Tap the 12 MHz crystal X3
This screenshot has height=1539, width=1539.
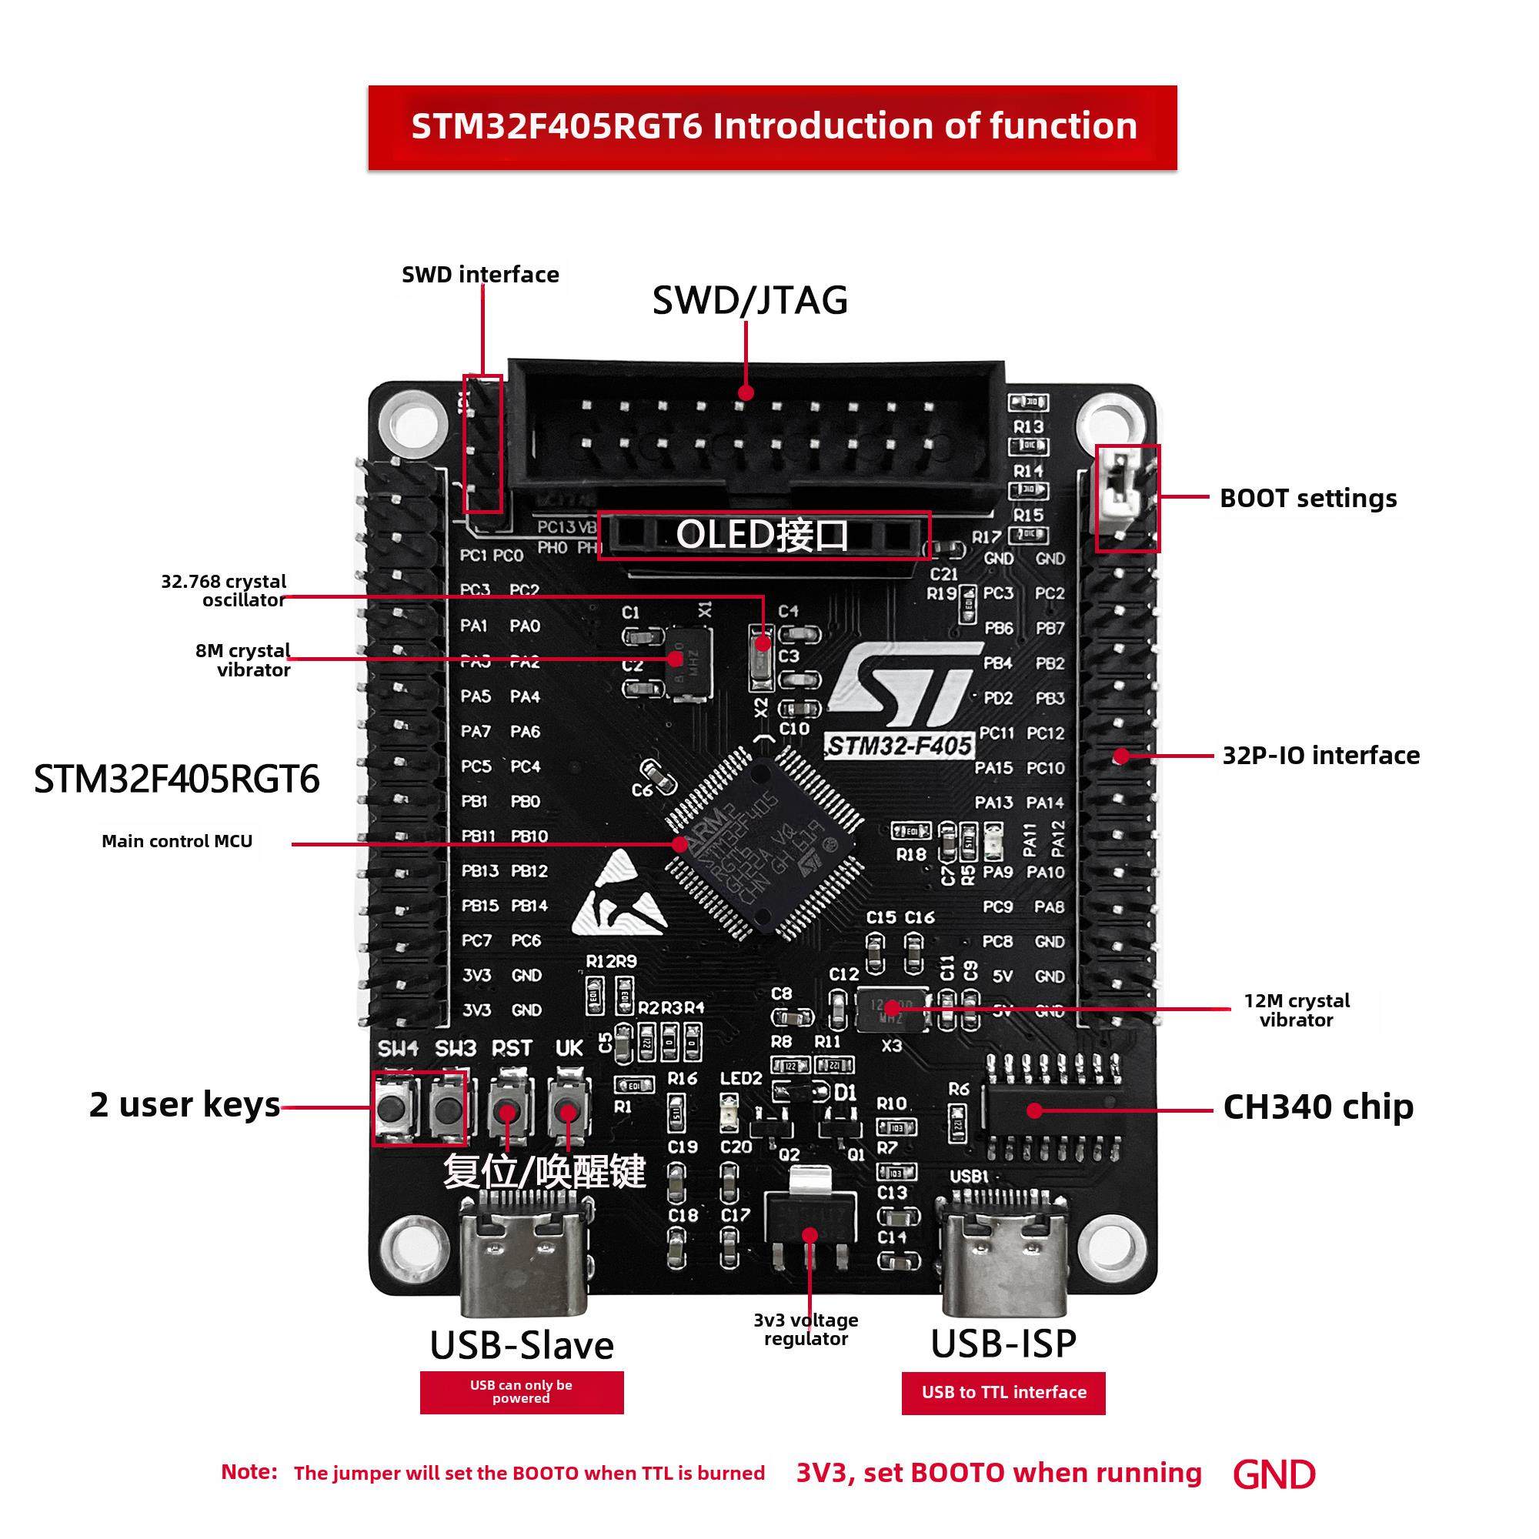point(891,1010)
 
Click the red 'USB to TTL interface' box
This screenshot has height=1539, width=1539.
point(1003,1393)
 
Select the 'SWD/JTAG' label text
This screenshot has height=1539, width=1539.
point(749,300)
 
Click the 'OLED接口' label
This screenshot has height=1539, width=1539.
point(763,535)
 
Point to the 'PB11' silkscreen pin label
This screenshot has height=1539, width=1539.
point(479,836)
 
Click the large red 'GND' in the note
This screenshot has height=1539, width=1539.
point(1273,1474)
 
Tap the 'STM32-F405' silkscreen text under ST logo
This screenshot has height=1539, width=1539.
point(900,746)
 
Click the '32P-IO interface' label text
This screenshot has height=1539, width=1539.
point(1320,755)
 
